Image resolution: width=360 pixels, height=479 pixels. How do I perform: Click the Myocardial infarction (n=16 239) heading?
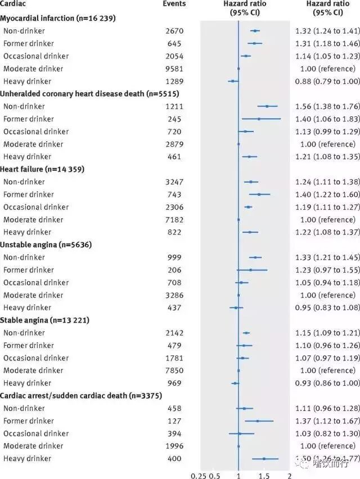(x=58, y=18)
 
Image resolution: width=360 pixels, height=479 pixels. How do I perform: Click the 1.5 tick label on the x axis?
(x=264, y=476)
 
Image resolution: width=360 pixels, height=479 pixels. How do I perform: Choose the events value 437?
(x=174, y=308)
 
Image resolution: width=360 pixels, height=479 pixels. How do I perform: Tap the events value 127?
(x=174, y=421)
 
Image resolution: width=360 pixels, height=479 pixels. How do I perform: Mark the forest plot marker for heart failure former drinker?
(x=259, y=194)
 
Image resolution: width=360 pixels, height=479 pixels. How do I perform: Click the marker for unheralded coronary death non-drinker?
(x=267, y=106)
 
